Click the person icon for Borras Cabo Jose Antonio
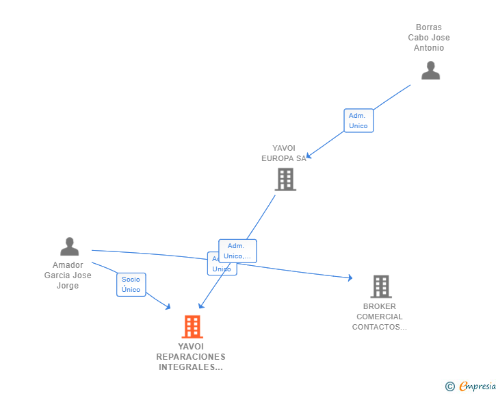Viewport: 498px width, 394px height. click(430, 71)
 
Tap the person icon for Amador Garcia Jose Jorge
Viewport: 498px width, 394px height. click(69, 246)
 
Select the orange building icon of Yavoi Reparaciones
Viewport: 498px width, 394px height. click(192, 327)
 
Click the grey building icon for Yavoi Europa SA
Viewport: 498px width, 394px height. click(285, 180)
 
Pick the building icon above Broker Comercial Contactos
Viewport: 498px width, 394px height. click(380, 286)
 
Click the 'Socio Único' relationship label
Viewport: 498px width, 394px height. click(131, 284)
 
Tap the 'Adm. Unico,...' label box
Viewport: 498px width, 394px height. click(237, 251)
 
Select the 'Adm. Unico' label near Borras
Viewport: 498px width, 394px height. click(358, 121)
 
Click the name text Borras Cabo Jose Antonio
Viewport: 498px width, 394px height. click(429, 38)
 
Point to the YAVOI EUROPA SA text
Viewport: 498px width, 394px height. click(284, 153)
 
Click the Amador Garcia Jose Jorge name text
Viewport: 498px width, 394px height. click(68, 275)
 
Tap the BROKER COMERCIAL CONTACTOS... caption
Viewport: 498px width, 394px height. click(380, 317)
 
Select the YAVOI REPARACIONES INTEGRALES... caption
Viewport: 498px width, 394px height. click(191, 357)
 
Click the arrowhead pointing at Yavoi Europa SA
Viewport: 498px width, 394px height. click(309, 156)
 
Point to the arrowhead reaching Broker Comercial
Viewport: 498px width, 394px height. click(350, 278)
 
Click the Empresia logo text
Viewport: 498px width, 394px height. click(477, 386)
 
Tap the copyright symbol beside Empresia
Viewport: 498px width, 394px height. click(449, 387)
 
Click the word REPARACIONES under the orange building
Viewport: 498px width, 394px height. click(191, 357)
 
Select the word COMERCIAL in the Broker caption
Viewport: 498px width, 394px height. click(380, 317)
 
